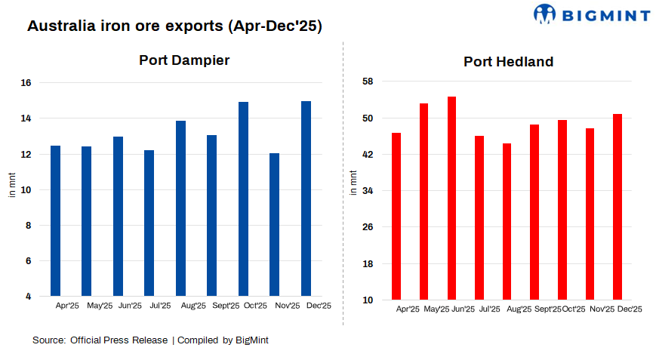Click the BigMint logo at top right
[591, 14]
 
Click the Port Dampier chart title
[184, 60]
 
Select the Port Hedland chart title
[508, 62]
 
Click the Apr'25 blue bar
[55, 220]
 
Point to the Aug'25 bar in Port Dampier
[180, 208]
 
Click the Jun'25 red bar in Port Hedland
[451, 198]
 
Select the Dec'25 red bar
[617, 207]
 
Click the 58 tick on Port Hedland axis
[368, 82]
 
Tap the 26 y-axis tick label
[368, 227]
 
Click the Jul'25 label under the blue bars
[160, 306]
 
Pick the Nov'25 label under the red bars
[602, 309]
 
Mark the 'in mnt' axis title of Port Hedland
[354, 183]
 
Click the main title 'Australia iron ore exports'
[174, 26]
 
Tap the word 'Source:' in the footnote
[48, 340]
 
